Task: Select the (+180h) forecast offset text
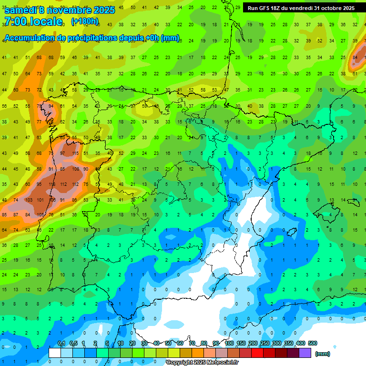point(85,21)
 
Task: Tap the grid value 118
point(51,184)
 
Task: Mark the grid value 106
point(51,200)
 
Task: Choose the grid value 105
point(40,215)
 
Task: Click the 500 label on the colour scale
point(313,343)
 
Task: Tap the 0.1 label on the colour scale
point(61,343)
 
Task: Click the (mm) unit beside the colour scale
point(322,354)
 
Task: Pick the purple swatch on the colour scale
point(305,353)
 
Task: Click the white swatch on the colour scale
point(55,353)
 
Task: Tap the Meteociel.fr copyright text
point(202,363)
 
